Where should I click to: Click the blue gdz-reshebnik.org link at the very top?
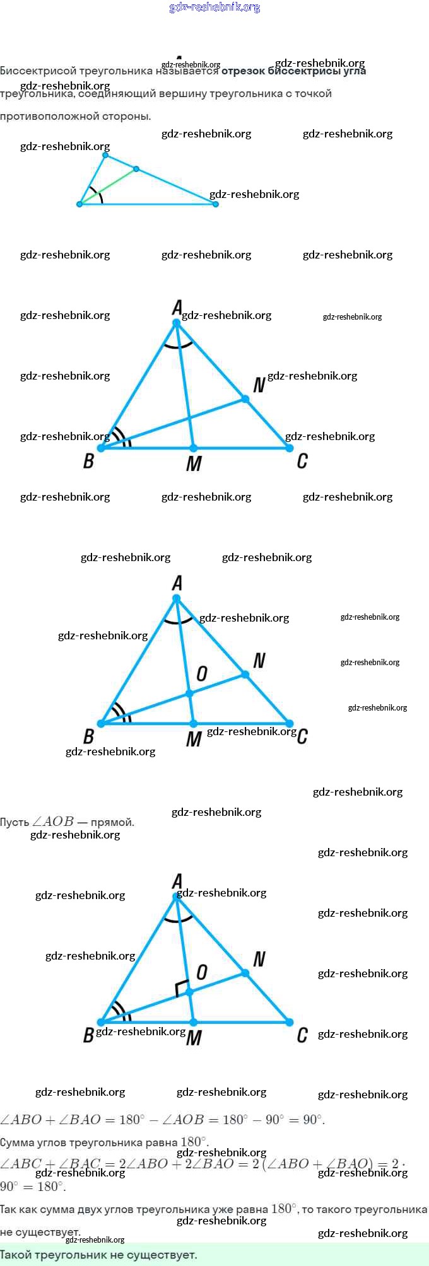tap(214, 8)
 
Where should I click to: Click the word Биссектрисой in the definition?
tap(38, 71)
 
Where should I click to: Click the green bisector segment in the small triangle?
tap(109, 187)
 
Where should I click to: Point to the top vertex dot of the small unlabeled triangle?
tap(105, 155)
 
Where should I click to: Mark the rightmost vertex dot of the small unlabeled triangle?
tap(216, 204)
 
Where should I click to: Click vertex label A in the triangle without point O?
tap(177, 308)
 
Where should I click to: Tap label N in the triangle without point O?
tap(259, 385)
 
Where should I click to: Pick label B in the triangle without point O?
tap(88, 461)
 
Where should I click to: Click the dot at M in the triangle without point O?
tap(193, 448)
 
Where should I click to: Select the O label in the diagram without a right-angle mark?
tap(202, 674)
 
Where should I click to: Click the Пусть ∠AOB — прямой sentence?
tap(67, 822)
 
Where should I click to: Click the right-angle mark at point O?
tap(181, 988)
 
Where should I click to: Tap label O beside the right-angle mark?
tap(202, 972)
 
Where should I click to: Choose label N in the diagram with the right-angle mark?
tap(259, 960)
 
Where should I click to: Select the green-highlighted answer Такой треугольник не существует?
tap(99, 1255)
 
